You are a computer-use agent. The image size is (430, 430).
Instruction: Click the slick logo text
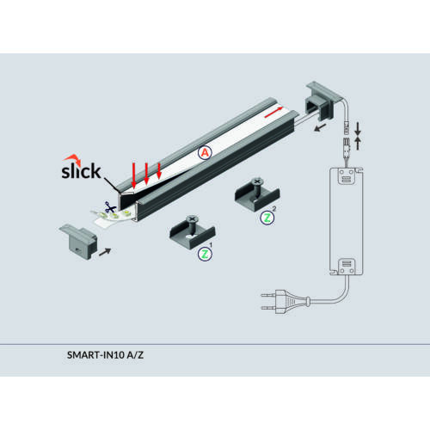pos(81,171)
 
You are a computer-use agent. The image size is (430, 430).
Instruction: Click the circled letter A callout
pos(205,153)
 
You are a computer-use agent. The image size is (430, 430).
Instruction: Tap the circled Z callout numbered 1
pos(205,254)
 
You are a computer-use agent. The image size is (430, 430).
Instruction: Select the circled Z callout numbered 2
pos(267,218)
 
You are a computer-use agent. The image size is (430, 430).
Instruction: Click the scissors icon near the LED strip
pos(110,207)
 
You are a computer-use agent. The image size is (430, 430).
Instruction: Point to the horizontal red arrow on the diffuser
pos(274,112)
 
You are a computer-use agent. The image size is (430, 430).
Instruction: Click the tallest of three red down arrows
pos(134,175)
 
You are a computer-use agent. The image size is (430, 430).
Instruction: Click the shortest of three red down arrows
pos(159,170)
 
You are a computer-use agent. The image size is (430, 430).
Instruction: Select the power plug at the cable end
pos(286,302)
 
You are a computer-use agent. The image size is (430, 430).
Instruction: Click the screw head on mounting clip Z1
pos(192,219)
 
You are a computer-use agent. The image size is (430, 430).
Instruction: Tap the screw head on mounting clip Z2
pos(257,181)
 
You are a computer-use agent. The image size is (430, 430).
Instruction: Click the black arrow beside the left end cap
pos(105,251)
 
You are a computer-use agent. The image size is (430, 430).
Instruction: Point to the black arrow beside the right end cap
pos(320,127)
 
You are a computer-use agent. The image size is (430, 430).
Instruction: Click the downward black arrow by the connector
pos(358,129)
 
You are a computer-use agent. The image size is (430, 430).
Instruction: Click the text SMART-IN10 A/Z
pos(105,355)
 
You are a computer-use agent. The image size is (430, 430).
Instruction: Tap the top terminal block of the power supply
pos(346,175)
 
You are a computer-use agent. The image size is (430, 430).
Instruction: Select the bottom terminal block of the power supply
pos(347,267)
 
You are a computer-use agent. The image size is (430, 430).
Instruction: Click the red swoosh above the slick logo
pos(73,159)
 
